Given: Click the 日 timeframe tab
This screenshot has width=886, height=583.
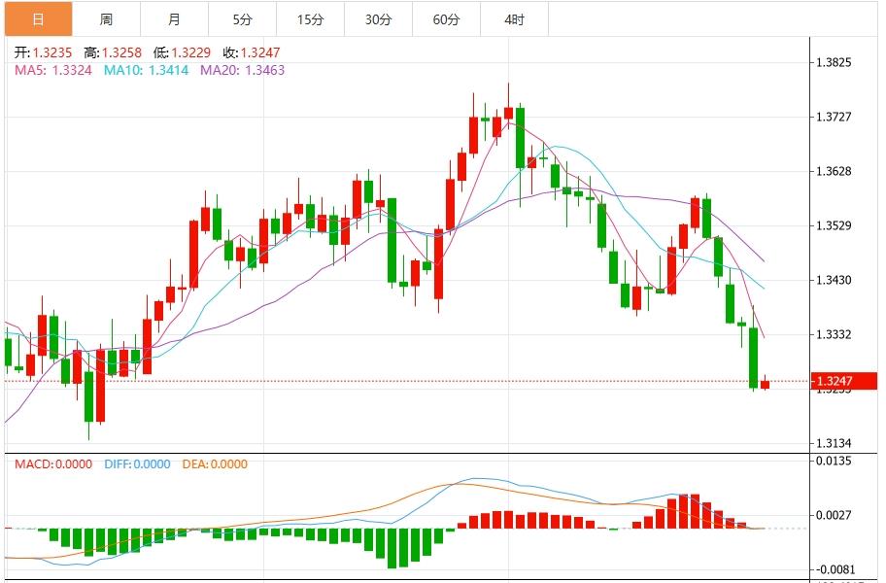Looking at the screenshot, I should coord(37,19).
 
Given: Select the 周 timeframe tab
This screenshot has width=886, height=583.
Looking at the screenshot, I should coord(106,19).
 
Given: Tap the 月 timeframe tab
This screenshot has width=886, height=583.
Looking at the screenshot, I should coord(174,19).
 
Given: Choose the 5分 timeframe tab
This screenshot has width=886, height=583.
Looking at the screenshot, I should coord(242,19).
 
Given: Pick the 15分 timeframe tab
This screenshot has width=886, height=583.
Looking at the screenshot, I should coord(310,19).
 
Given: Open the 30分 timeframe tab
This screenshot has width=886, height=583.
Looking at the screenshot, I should coord(378,19).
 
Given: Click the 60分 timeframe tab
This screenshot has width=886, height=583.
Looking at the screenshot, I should coord(446,19).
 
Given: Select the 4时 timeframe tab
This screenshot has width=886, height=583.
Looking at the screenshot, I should coord(514,19).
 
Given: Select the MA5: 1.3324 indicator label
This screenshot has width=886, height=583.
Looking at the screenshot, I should coord(53,70).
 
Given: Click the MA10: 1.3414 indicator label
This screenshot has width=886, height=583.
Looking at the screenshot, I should coord(148,70).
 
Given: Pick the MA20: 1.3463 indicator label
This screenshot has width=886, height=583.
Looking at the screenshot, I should coord(242,70).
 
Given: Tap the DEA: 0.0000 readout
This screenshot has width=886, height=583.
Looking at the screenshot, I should coord(215,464).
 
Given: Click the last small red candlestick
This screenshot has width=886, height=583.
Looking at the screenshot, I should coord(765,384).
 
